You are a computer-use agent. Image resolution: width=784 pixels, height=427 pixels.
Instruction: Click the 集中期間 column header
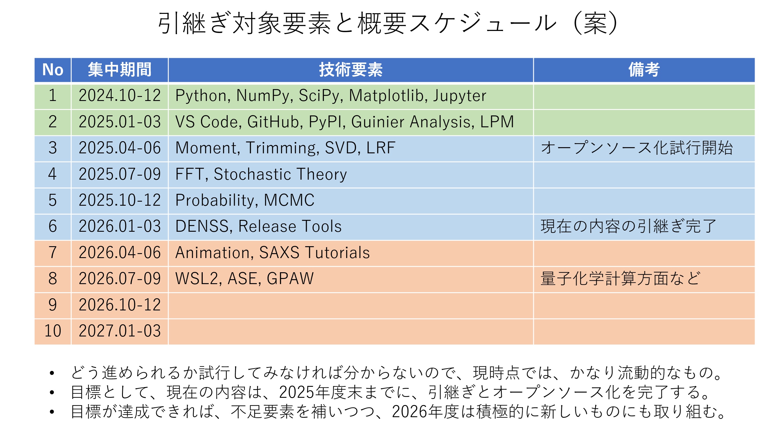[x=119, y=70]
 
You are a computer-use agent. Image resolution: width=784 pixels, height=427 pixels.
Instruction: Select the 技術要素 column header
[x=351, y=70]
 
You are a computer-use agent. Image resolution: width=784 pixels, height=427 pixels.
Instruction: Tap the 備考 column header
[x=644, y=70]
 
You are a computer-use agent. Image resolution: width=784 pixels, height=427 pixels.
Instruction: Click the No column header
[x=53, y=70]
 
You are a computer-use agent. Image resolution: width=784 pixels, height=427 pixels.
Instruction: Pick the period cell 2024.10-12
[x=120, y=95]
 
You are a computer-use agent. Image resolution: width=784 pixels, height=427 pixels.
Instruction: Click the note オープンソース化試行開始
[x=637, y=148]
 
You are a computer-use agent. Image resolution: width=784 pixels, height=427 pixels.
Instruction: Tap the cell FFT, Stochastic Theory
[x=261, y=174]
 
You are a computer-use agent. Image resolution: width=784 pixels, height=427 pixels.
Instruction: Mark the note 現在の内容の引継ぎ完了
[x=628, y=226]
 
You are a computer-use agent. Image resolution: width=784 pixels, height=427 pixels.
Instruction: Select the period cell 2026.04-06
[x=120, y=253]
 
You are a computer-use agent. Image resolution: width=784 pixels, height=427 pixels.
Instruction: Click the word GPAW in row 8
[x=290, y=279]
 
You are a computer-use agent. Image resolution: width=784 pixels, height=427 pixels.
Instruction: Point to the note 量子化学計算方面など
[x=621, y=279]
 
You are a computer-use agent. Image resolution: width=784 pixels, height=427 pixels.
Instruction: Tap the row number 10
[x=53, y=331]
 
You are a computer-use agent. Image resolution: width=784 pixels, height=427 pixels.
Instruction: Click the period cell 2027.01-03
[x=120, y=331]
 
